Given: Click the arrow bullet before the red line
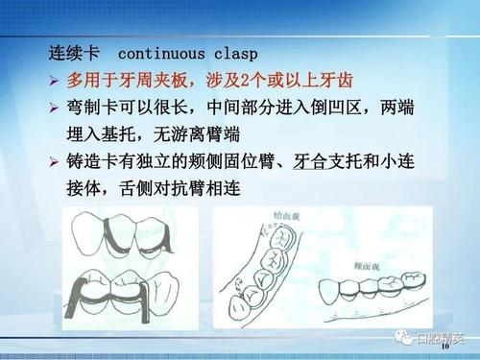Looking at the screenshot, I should [55, 79].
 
